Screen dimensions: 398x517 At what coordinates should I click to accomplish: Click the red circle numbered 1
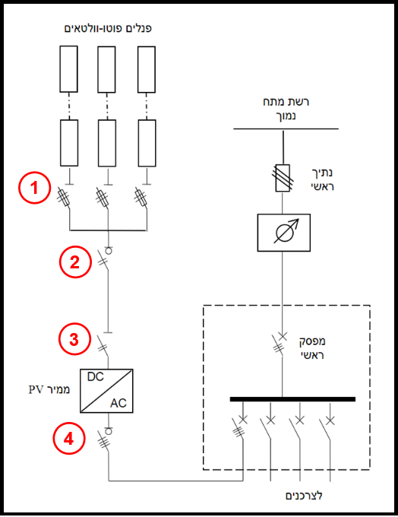35,188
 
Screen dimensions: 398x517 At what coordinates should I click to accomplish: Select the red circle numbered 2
75,262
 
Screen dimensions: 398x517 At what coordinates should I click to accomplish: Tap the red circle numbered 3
74,339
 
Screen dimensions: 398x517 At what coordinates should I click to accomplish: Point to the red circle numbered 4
69,439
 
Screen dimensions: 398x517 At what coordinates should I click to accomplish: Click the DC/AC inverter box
106,391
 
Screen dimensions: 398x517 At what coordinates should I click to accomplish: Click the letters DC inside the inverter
95,376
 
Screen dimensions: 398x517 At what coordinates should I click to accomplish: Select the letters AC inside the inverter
118,403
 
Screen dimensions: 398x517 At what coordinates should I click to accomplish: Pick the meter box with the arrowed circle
283,233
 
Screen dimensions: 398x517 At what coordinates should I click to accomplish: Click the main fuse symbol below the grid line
283,178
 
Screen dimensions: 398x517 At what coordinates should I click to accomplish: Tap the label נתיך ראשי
322,179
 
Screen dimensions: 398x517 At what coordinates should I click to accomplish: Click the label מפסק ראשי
312,348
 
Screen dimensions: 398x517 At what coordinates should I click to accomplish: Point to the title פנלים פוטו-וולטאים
108,28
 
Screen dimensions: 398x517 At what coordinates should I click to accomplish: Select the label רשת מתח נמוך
286,109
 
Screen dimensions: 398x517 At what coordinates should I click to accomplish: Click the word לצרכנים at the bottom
304,495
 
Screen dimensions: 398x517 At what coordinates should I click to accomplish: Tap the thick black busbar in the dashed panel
292,399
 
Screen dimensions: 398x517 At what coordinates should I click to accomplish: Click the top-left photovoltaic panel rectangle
68,69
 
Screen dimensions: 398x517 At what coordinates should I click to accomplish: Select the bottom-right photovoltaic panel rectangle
147,143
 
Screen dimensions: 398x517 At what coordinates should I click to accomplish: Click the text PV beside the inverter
35,390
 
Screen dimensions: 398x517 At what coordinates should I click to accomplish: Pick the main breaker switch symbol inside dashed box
280,344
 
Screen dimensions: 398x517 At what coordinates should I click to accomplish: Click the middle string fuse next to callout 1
103,198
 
